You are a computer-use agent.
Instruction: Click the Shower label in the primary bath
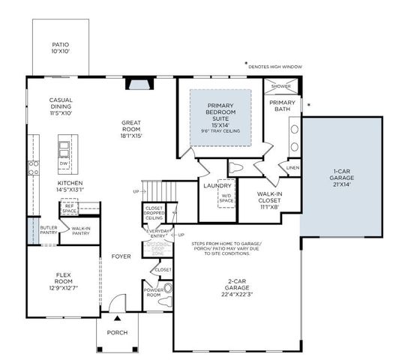(281, 86)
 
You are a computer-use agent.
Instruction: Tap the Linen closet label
(292, 167)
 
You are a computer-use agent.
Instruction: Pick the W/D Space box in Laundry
(226, 198)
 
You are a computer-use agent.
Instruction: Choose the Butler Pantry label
(49, 231)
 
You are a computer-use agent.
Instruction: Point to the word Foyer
(121, 256)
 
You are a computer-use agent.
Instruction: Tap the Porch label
(117, 333)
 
